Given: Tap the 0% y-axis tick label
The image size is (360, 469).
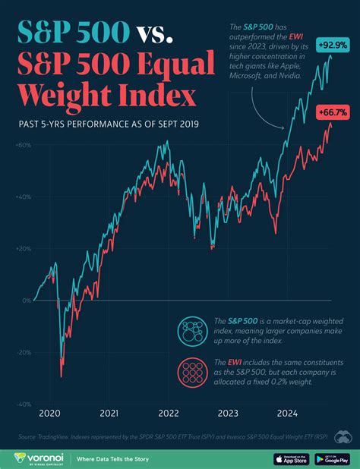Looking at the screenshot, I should (27, 301).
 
